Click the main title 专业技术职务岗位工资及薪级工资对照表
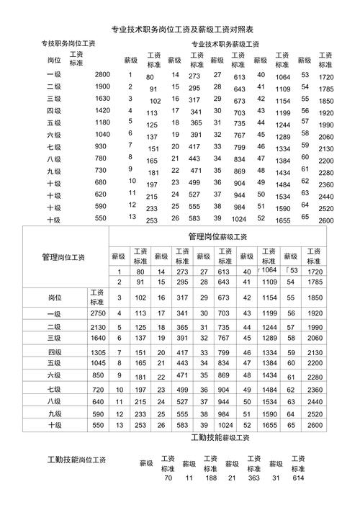186,30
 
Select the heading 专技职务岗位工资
69,45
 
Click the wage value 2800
102,75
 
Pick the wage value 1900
102,87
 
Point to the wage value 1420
102,111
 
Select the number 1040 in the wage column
102,135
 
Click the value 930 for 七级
101,147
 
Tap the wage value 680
101,183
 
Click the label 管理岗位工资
63,256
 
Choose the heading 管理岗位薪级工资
217,236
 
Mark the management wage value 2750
99,313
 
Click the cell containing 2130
99,327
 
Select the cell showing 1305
99,352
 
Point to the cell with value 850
99,375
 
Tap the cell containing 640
99,401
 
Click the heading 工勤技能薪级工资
220,438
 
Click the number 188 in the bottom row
210,478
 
